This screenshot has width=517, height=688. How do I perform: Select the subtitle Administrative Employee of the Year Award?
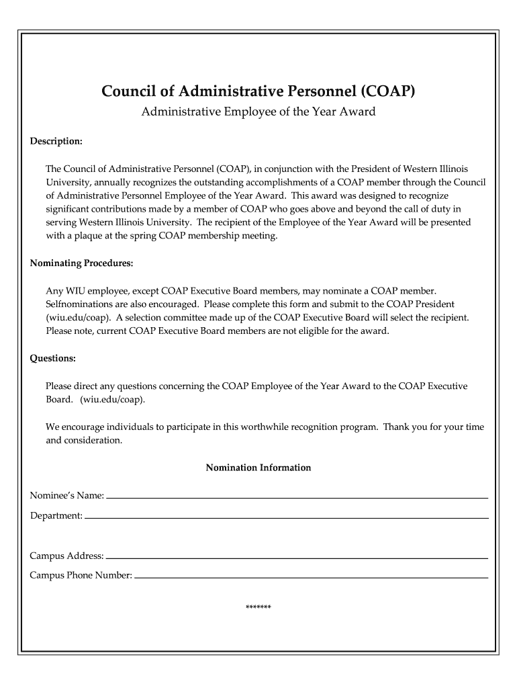click(x=258, y=112)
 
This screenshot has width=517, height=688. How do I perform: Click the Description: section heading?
click(x=56, y=142)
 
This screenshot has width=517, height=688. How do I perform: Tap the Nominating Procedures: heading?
click(x=81, y=263)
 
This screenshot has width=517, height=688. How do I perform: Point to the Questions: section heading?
click(x=52, y=358)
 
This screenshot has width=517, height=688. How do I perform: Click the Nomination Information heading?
click(x=258, y=467)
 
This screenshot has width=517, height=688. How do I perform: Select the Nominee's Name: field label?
click(x=66, y=496)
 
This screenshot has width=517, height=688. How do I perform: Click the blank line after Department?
click(x=286, y=517)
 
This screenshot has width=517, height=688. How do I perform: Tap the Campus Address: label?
click(x=66, y=556)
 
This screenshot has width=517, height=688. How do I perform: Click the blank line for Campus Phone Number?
click(x=311, y=576)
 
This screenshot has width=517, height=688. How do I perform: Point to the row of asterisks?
click(x=258, y=608)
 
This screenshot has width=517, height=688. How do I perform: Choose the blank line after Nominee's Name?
click(x=297, y=497)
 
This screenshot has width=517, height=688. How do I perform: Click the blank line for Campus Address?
click(x=297, y=557)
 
